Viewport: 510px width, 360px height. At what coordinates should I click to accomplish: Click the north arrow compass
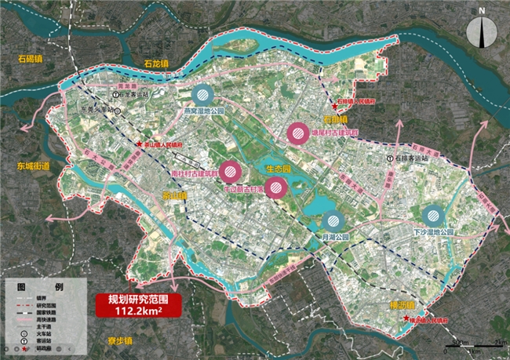[483, 32]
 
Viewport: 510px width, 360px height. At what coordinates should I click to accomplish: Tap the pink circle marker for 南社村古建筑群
[230, 170]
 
